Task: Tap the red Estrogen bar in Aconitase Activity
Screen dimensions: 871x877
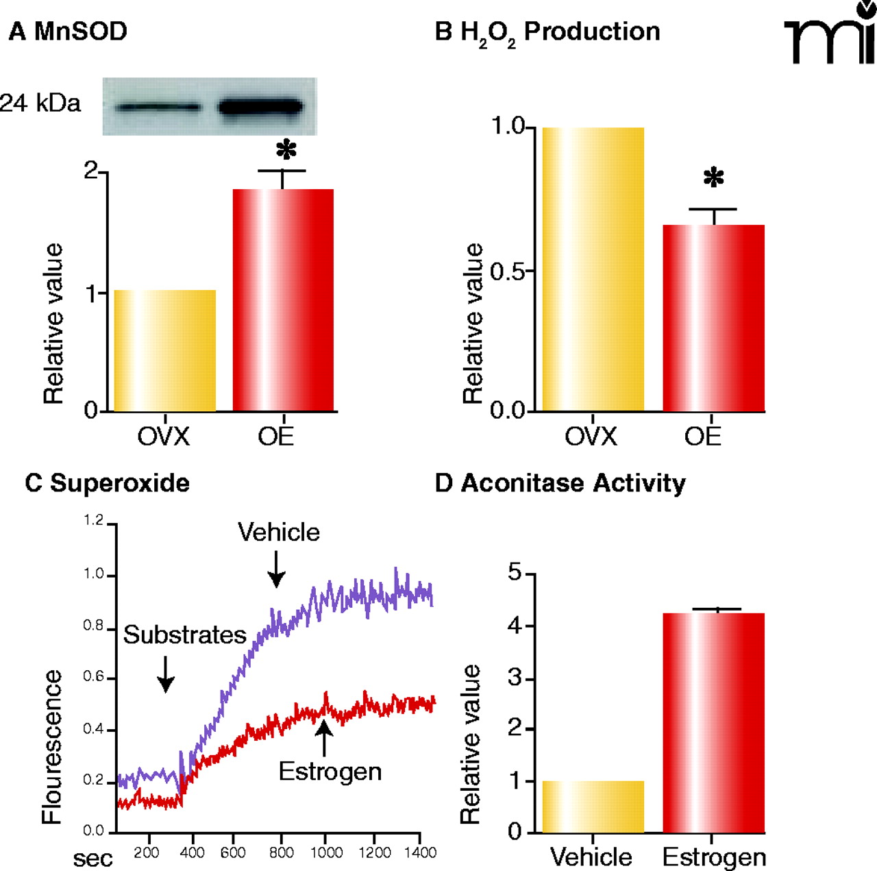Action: tap(713, 723)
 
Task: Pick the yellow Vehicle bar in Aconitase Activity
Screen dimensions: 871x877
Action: tap(593, 807)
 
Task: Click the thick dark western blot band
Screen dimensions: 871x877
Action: tap(260, 107)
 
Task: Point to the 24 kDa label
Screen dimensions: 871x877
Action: tap(40, 103)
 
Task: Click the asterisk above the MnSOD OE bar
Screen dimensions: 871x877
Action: tap(286, 150)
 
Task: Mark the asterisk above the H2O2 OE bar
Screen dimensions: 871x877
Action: tap(713, 178)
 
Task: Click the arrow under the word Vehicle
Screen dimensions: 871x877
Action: tap(276, 570)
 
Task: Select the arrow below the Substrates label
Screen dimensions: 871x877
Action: tap(166, 674)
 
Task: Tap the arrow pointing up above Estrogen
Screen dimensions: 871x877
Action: tap(324, 738)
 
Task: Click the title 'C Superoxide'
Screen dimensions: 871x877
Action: tap(107, 483)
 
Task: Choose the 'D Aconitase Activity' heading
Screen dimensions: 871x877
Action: tap(560, 483)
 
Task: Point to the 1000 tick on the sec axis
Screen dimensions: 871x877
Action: tap(326, 852)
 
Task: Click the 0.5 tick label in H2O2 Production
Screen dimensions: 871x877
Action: tap(508, 271)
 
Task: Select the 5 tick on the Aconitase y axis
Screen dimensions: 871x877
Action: tap(515, 572)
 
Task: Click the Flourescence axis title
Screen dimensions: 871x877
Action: tap(52, 747)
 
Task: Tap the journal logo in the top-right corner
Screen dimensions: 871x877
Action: tap(830, 34)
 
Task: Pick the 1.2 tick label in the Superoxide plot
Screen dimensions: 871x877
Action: tap(94, 521)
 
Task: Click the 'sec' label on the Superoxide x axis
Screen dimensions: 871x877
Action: tap(93, 858)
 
